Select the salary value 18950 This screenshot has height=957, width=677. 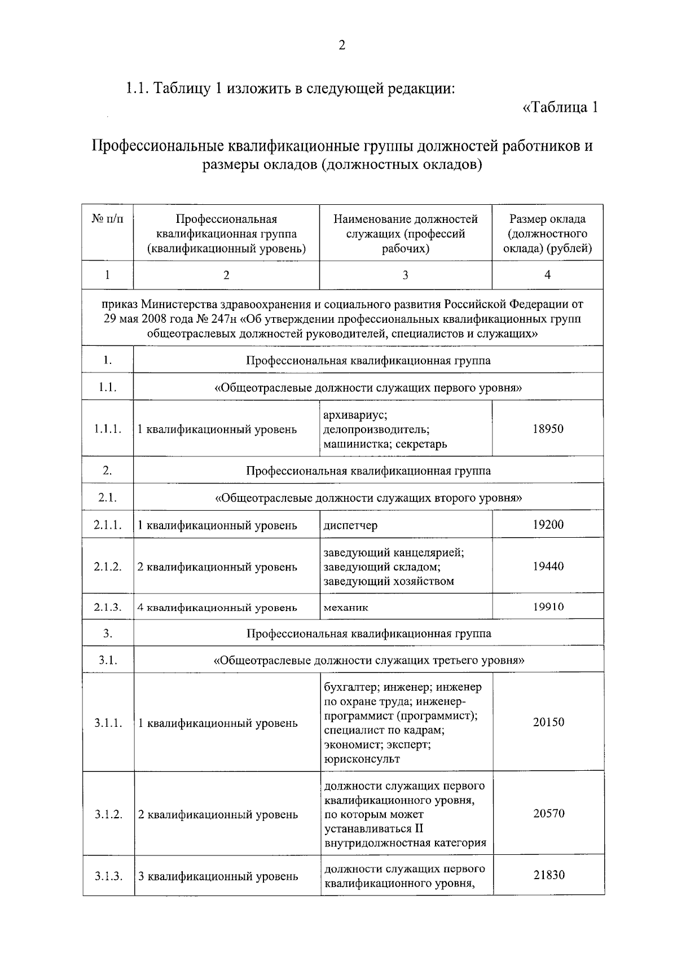[548, 429]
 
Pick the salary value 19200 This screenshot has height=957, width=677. [548, 525]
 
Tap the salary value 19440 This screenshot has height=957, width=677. [548, 567]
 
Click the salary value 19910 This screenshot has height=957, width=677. [548, 607]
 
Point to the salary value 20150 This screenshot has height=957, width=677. [548, 722]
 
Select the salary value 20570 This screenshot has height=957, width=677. [548, 814]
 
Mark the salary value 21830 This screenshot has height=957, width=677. [548, 875]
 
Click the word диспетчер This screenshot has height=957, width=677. [350, 525]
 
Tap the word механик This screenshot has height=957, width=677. [346, 608]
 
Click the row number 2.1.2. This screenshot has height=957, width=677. [108, 567]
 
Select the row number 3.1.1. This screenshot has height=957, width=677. [108, 723]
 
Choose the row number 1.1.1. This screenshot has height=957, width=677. [108, 429]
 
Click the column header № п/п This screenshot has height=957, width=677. [107, 219]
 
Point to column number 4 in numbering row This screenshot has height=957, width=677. [547, 275]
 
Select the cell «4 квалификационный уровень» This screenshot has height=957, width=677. [217, 608]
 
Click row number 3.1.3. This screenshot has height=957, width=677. [108, 876]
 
